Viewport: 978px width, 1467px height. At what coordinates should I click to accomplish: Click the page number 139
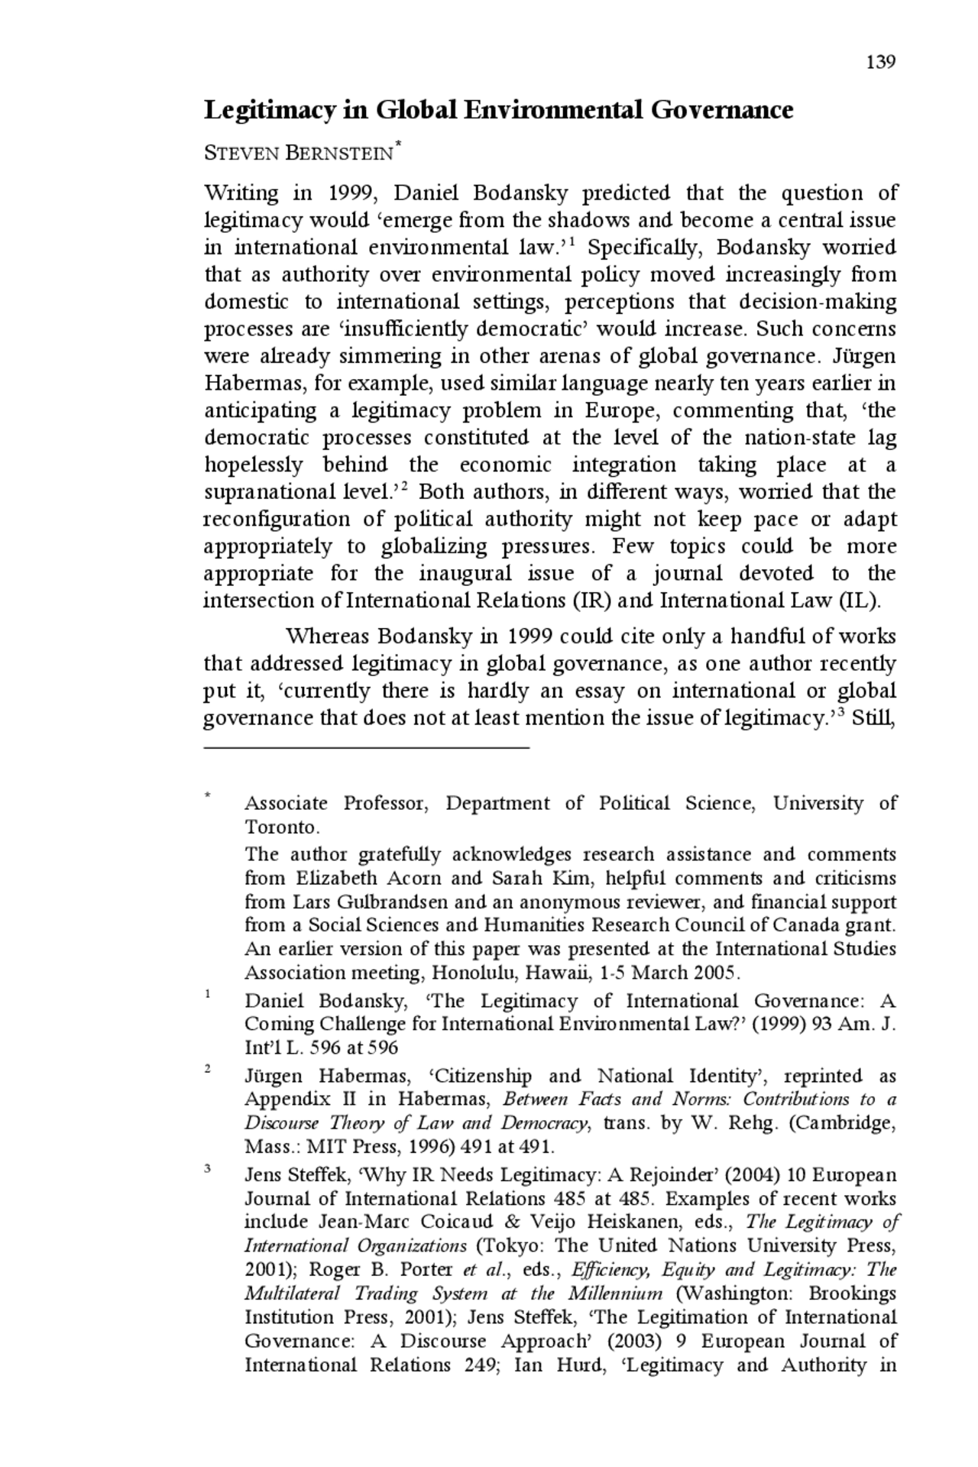[880, 63]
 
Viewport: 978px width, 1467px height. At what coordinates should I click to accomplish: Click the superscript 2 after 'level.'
[403, 487]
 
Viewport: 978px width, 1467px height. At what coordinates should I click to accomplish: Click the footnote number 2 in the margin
[208, 1069]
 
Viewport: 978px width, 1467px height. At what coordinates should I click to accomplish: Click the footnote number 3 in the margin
[208, 1168]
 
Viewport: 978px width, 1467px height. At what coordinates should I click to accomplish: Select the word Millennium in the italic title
[614, 1294]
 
